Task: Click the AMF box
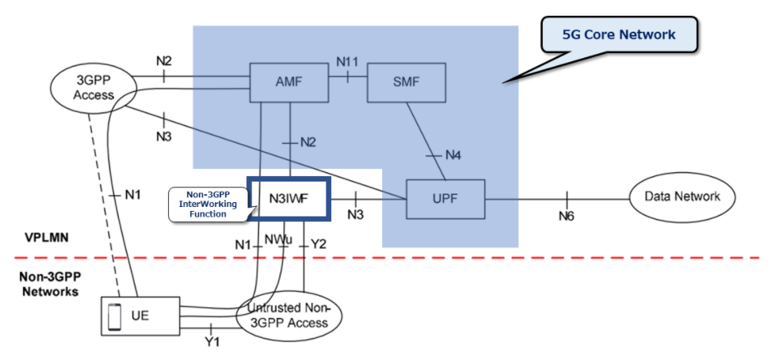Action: click(288, 82)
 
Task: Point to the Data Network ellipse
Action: click(682, 197)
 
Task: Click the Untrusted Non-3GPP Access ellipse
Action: click(288, 316)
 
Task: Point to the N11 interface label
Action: click(347, 61)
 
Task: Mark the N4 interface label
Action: click(452, 154)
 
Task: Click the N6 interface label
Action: click(567, 215)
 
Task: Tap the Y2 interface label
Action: click(319, 244)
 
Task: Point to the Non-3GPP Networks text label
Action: click(49, 284)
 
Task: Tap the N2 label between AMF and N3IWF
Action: click(307, 142)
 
